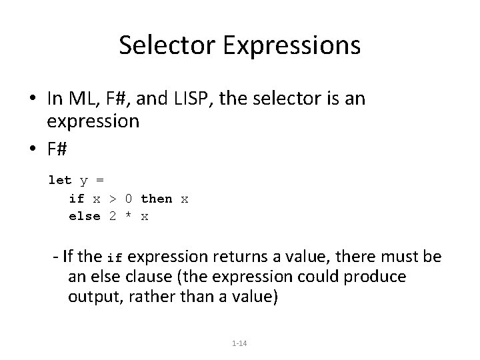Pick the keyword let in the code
[59, 180]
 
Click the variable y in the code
[84, 180]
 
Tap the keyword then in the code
[157, 199]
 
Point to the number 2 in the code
[113, 216]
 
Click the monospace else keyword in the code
[84, 216]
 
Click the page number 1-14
[239, 343]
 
